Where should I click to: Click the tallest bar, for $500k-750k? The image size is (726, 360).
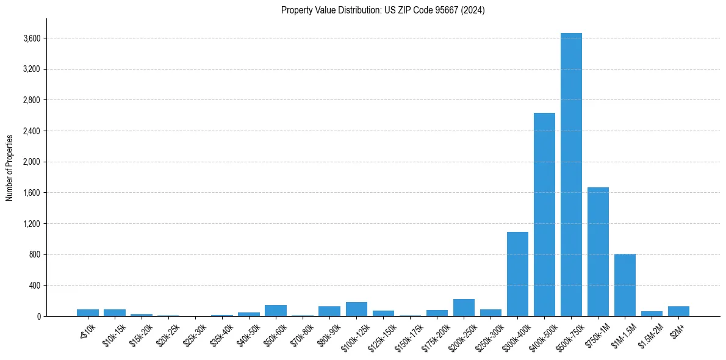[571, 175]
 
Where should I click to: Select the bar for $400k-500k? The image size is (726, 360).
[544, 215]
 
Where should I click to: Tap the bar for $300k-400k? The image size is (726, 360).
[517, 274]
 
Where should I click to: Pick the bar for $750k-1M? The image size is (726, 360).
[598, 251]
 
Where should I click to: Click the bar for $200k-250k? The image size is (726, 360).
[464, 308]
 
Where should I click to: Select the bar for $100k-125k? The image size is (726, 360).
[356, 309]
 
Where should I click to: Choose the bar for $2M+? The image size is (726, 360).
[678, 311]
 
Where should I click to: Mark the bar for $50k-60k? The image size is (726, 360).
[276, 311]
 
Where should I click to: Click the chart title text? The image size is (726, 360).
[383, 10]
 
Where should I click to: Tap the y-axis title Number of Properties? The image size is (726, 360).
[10, 167]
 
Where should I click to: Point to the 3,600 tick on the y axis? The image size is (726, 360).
[32, 38]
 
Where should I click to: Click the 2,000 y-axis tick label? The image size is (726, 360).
[32, 162]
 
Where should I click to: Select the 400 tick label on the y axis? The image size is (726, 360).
[35, 286]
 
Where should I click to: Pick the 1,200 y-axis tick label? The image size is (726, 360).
[32, 224]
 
